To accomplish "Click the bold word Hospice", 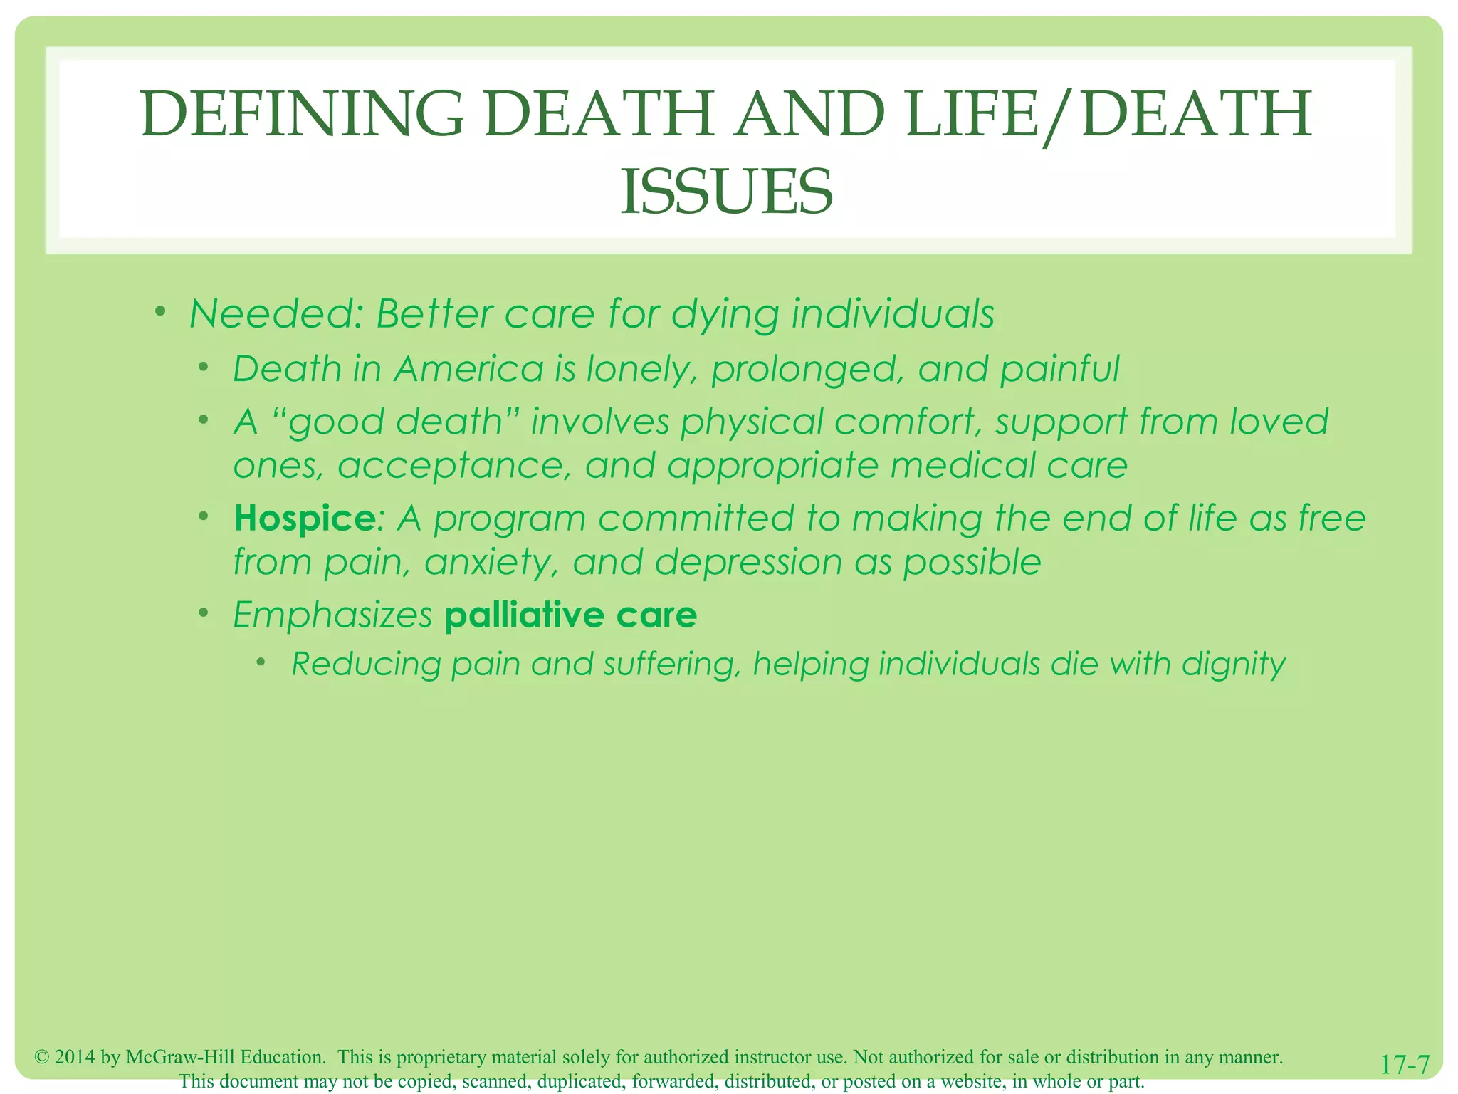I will tap(304, 518).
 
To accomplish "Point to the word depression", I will tap(748, 563).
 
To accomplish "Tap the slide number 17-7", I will tap(1405, 1066).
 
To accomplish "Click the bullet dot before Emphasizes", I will tap(204, 613).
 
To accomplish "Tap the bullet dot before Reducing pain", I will tap(261, 662).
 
